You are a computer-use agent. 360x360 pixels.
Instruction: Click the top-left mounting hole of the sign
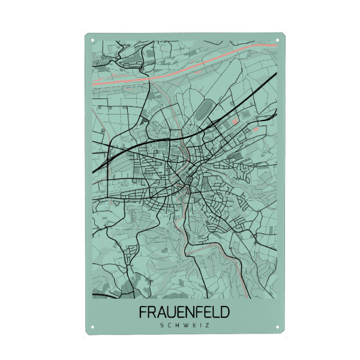pyautogui.click(x=93, y=41)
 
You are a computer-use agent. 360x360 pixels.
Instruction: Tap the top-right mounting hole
pyautogui.click(x=277, y=41)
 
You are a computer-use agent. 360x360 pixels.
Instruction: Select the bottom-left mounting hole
pyautogui.click(x=93, y=327)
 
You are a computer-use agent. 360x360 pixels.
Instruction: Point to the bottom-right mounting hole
pyautogui.click(x=277, y=327)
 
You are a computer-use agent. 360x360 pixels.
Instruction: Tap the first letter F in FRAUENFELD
pyautogui.click(x=143, y=313)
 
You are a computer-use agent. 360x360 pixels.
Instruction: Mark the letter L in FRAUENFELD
pyautogui.click(x=217, y=313)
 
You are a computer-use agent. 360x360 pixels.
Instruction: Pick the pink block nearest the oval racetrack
pyautogui.click(x=235, y=122)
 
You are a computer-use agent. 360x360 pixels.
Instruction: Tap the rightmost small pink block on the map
pyautogui.click(x=256, y=129)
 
